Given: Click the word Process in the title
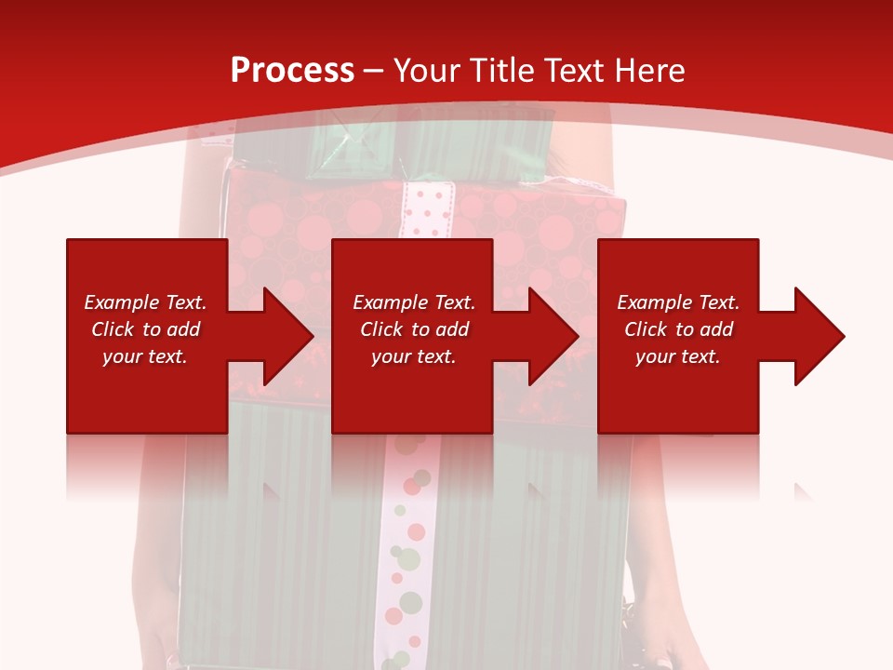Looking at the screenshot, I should coord(292,71).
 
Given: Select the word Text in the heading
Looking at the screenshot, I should coord(574,71).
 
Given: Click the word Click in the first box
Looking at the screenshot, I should coord(113,329).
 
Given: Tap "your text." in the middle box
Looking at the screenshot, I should coord(413,356).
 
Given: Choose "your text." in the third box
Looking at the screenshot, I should coord(677,356).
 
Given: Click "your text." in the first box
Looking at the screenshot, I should coord(144,356).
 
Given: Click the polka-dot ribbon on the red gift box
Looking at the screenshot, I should coord(426,209).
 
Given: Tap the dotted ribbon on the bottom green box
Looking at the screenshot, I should coord(405,549).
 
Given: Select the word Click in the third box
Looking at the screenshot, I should coord(646,329).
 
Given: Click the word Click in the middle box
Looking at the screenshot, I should coord(381,329).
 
